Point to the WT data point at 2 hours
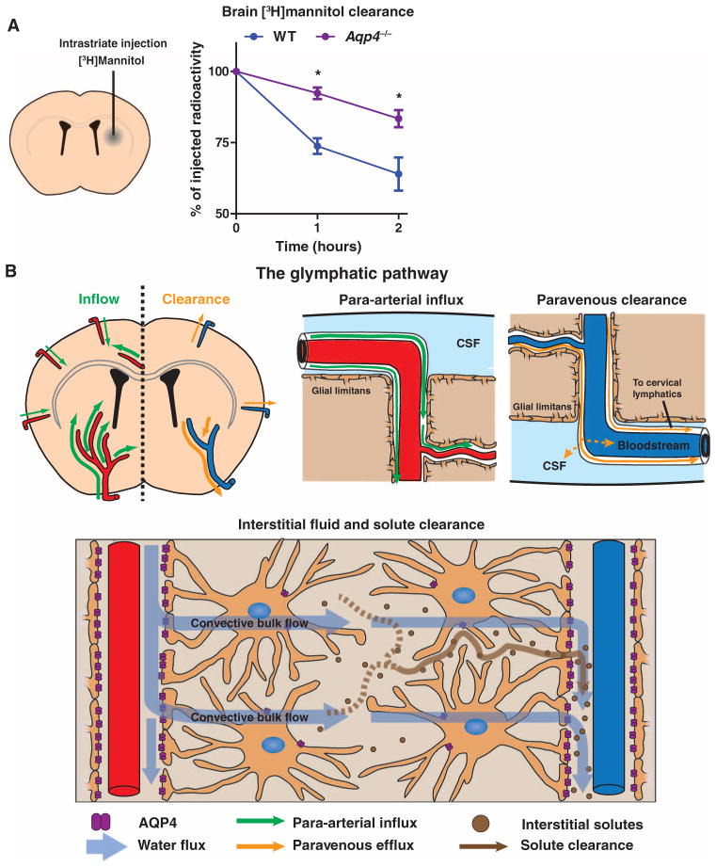click(399, 174)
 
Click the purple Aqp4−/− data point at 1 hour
click(317, 92)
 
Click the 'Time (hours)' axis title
click(317, 245)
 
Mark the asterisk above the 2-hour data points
click(399, 97)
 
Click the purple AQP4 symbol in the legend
click(99, 824)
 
